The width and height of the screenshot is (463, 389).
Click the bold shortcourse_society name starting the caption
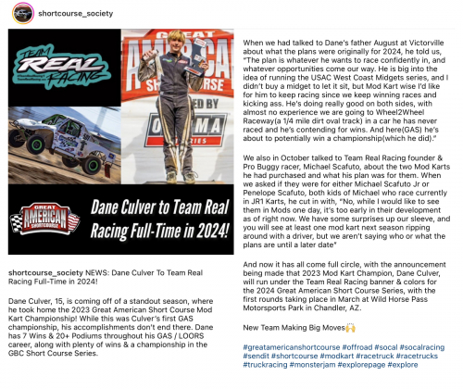tap(44, 275)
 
